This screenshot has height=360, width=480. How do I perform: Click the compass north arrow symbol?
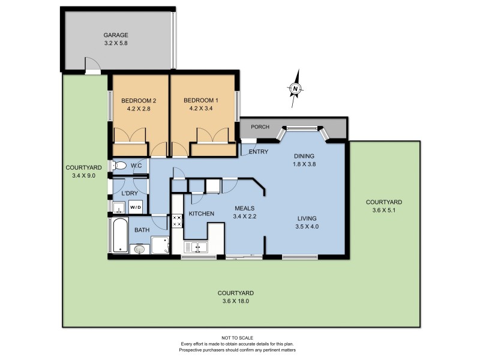coord(296,89)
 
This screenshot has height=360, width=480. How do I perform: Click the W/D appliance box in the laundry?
coord(136,208)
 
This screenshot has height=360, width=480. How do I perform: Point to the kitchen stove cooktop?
coord(178,220)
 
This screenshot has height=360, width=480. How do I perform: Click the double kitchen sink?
coord(196,247)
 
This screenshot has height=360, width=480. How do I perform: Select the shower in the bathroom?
coord(160,245)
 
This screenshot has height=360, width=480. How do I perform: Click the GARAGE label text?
coord(116,35)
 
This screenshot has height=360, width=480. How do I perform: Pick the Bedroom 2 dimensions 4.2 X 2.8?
coord(139,109)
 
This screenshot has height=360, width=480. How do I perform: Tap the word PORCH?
coord(260,127)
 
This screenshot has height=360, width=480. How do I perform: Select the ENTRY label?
coord(258,152)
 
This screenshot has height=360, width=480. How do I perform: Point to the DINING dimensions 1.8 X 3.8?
coord(304,164)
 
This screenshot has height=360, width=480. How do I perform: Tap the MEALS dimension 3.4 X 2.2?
coord(245,217)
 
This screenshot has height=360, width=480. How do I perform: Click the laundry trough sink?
coord(118,208)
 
